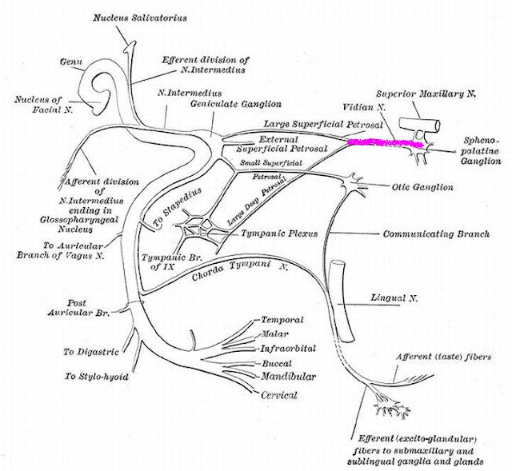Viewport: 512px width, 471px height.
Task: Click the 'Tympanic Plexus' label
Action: point(278,234)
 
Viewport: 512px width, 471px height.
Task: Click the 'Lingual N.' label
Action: point(393,297)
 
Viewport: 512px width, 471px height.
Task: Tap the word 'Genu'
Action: point(73,60)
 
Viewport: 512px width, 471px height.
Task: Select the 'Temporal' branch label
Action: point(280,317)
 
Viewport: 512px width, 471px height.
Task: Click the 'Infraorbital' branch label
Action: point(286,348)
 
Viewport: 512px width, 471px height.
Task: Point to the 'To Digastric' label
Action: point(91,350)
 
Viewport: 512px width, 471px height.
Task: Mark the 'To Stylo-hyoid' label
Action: point(97,375)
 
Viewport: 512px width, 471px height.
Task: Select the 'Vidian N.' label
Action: point(360,106)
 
